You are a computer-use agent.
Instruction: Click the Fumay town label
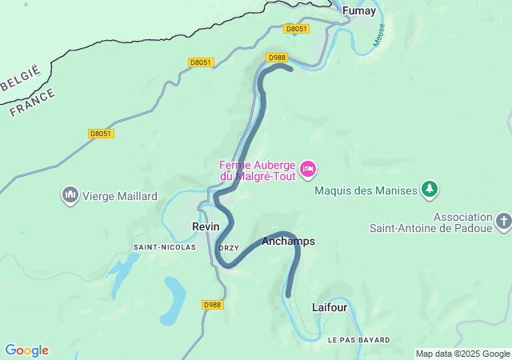click(x=358, y=11)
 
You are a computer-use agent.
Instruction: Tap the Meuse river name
click(x=379, y=35)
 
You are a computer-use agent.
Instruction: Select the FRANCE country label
click(x=33, y=103)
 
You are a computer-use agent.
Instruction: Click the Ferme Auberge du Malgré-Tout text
click(x=258, y=170)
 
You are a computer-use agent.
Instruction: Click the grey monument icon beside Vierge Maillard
click(x=70, y=194)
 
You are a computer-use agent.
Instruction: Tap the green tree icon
click(x=430, y=189)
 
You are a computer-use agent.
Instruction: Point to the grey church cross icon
click(x=502, y=220)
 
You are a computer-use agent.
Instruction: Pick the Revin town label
click(x=206, y=227)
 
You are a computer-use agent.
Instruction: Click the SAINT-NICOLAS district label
click(x=165, y=247)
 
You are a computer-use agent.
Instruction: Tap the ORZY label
click(x=229, y=248)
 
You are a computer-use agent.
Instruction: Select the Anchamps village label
click(x=288, y=241)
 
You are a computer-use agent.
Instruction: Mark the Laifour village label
click(x=329, y=306)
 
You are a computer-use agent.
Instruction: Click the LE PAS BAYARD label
click(x=359, y=340)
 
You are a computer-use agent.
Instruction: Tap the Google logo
click(x=27, y=350)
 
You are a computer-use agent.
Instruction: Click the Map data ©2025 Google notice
click(x=462, y=354)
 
